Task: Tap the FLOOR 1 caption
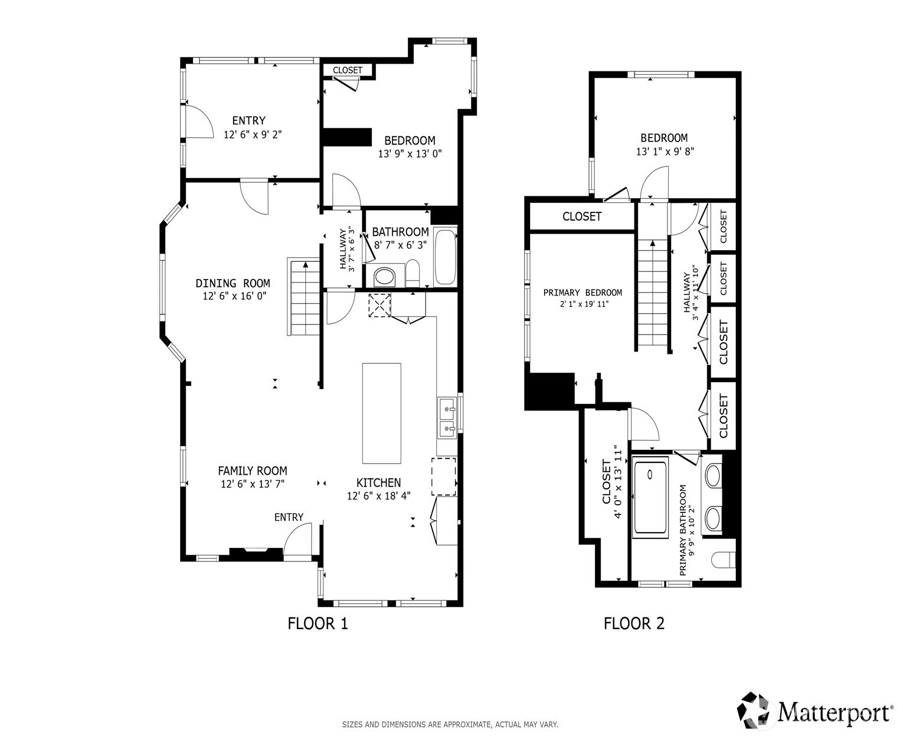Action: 318,623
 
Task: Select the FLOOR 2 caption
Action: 634,623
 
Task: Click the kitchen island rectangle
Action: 381,413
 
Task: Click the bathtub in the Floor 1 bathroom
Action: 445,257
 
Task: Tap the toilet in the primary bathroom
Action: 724,559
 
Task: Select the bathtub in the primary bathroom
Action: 650,497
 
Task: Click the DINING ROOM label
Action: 233,283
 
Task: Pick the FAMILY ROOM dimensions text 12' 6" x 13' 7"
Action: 253,484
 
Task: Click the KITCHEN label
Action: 378,482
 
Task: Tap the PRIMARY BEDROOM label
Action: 583,293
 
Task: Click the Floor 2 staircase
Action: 653,293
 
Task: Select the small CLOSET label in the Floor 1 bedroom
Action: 348,70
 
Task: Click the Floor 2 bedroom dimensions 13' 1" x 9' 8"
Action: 665,151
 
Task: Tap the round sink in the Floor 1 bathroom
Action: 384,277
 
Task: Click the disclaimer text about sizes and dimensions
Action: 450,725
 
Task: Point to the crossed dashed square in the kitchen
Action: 379,305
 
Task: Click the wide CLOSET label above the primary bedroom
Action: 582,216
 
